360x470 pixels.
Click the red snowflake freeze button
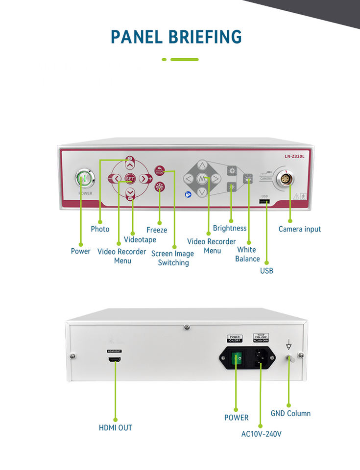pos(159,187)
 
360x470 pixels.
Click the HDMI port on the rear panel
pos(115,359)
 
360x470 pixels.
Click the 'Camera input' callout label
pos(300,229)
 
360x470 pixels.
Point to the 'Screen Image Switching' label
pos(172,258)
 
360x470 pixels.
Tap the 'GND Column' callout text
pos(290,413)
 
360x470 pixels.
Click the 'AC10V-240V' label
pos(262,434)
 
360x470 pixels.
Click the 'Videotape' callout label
pos(140,239)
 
